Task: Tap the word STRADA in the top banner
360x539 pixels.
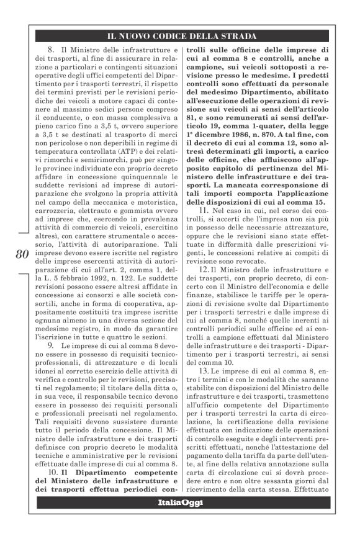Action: pos(237,36)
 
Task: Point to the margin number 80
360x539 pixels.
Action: pos(20,255)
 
